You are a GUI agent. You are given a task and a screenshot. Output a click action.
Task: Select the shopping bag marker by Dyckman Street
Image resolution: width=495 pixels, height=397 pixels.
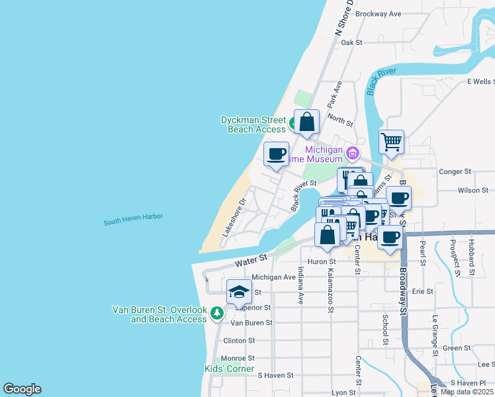307,122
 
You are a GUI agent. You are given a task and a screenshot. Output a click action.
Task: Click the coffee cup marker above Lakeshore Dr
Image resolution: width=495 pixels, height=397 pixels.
277,154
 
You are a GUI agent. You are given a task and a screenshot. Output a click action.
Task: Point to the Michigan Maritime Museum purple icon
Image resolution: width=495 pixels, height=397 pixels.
353,154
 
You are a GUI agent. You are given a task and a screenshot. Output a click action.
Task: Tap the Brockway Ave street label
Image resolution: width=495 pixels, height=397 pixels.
379,13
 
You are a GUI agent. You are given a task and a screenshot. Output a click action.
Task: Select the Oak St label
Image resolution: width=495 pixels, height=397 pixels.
352,42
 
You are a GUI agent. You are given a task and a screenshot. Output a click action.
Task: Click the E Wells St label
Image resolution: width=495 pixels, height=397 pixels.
480,81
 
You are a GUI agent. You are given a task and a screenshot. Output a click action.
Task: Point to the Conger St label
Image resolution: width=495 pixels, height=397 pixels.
455,171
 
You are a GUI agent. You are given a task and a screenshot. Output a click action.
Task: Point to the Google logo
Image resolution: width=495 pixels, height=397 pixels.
22,389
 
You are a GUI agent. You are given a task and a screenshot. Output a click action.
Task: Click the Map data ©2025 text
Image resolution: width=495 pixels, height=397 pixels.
467,392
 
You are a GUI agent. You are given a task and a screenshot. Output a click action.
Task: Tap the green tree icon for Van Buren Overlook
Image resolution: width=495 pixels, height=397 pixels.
216,312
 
